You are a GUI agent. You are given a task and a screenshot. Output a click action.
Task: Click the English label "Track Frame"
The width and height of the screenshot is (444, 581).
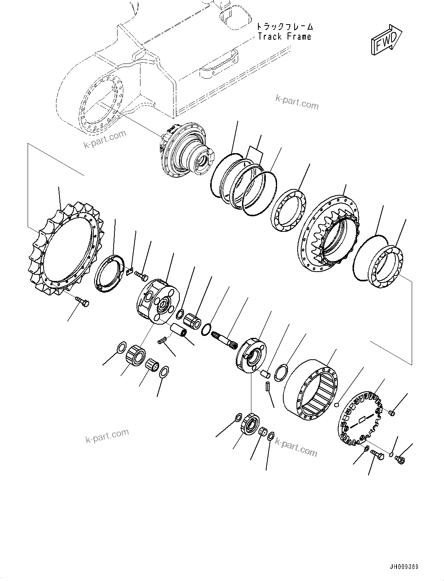point(284,37)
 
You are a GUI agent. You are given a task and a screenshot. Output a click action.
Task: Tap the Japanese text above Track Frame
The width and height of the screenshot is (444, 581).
point(284,26)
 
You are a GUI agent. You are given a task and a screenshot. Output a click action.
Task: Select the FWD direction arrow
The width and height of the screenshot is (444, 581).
point(385,41)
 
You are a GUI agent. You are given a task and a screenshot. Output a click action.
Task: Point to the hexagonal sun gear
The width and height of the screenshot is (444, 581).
point(193,321)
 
